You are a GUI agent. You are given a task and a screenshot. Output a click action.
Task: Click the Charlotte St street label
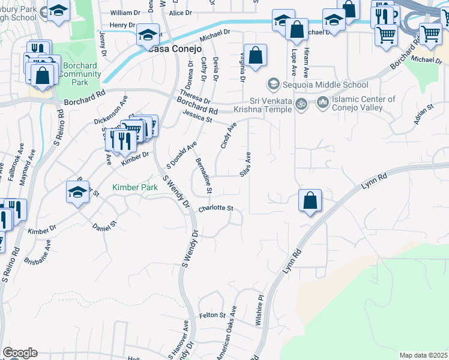coord(215,209)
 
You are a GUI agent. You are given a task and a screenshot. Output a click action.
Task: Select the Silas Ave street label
coord(246,164)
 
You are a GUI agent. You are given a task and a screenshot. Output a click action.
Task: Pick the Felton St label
coord(212,315)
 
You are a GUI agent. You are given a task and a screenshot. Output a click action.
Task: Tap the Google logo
coord(20,353)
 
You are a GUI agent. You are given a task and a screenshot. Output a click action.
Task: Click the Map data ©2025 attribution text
coord(423,355)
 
